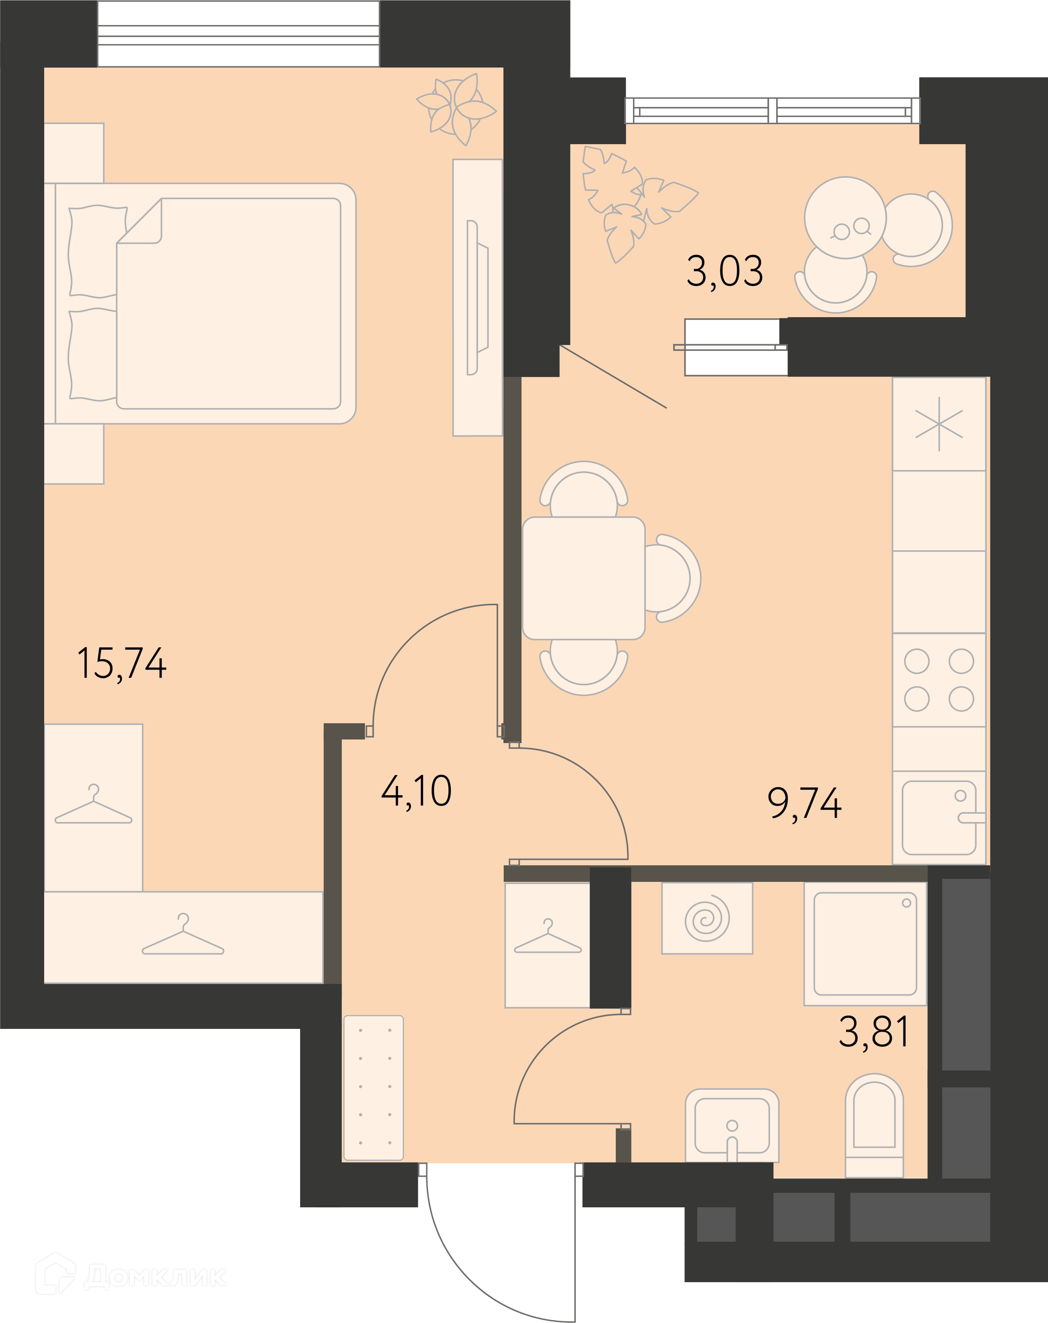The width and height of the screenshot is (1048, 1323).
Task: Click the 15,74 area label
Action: coord(122,664)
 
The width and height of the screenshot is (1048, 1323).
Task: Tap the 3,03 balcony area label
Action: coord(725,271)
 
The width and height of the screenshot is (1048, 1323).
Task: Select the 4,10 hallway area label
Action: coord(416,791)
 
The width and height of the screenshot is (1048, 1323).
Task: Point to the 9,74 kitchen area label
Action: coord(805,803)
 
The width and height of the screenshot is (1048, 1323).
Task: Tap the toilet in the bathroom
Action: coord(874,1126)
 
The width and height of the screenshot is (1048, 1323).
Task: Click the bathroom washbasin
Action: coord(731,1125)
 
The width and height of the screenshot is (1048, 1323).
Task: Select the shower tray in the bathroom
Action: coord(865,944)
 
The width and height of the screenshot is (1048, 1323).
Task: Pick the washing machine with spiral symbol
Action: coord(707,919)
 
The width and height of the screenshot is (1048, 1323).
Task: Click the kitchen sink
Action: coord(939,818)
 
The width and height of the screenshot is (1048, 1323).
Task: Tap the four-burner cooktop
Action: coord(939,680)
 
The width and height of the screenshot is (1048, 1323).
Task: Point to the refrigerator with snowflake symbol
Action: coord(939,424)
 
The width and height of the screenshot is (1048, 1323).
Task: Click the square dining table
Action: coord(583,578)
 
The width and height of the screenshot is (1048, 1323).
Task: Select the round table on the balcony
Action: coord(845,218)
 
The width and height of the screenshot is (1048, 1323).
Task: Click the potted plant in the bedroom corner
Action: coord(456,109)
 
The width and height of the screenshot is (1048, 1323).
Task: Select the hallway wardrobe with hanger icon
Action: coord(547,945)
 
